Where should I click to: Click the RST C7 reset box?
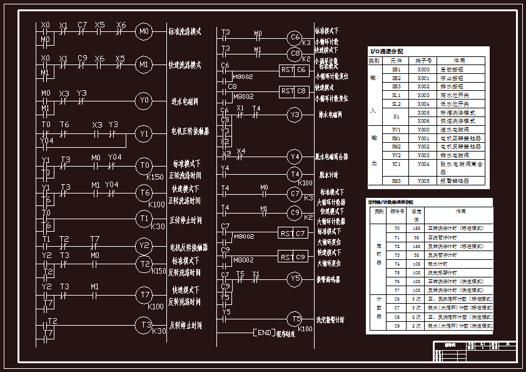[293, 234]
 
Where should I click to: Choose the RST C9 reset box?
[293, 257]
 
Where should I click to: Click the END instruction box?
[264, 332]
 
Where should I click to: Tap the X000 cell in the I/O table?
[423, 69]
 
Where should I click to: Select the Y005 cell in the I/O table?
[423, 180]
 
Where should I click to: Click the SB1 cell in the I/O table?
[396, 69]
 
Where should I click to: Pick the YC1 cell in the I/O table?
[396, 163]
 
